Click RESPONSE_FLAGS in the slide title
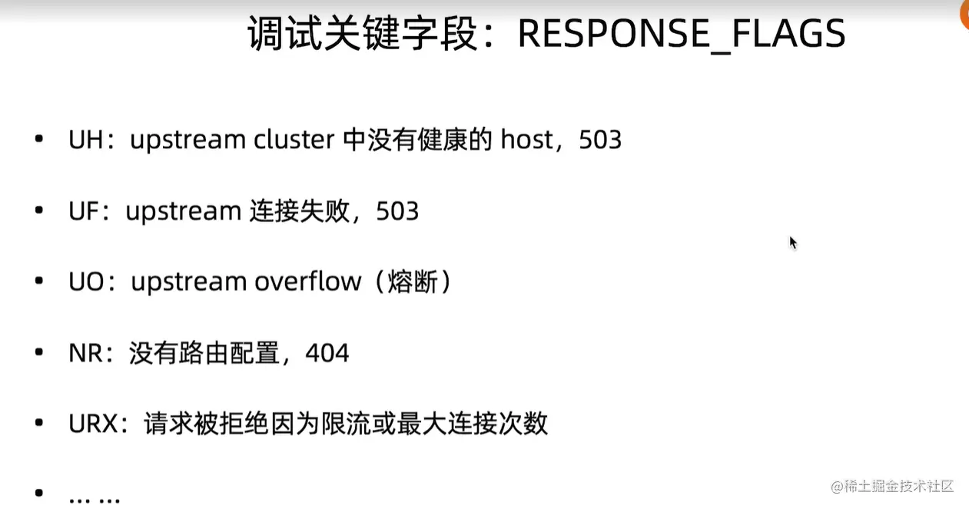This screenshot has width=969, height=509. [682, 35]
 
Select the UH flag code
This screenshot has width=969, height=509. [85, 141]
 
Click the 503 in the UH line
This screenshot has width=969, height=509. [600, 141]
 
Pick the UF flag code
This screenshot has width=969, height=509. [84, 211]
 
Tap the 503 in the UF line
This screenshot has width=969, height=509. [397, 211]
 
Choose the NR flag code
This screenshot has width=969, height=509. [85, 353]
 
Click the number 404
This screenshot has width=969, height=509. [327, 353]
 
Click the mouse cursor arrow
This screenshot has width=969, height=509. [793, 243]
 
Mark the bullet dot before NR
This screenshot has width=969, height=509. [38, 353]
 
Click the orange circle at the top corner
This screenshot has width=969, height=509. [964, 14]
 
